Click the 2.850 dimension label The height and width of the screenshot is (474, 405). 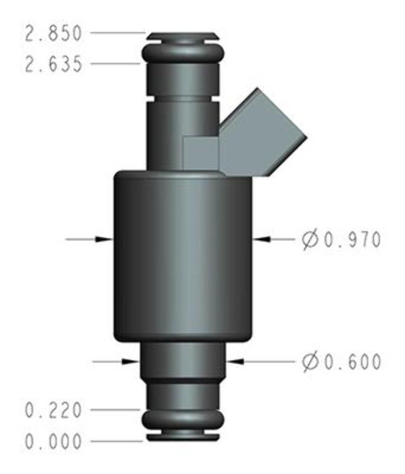pos(53,34)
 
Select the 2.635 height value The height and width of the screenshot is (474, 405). pos(53,64)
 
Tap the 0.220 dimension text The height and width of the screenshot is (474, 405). pos(53,410)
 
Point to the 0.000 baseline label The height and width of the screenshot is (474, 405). pos(53,442)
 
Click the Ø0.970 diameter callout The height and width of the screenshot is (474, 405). pos(341,240)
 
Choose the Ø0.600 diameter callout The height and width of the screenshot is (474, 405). pos(341,362)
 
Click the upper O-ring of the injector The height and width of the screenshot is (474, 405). pos(183,52)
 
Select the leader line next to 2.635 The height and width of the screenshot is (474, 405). pos(114,64)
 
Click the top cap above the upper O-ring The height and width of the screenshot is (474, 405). pos(183,36)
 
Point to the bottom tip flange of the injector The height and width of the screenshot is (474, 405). pos(183,436)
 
